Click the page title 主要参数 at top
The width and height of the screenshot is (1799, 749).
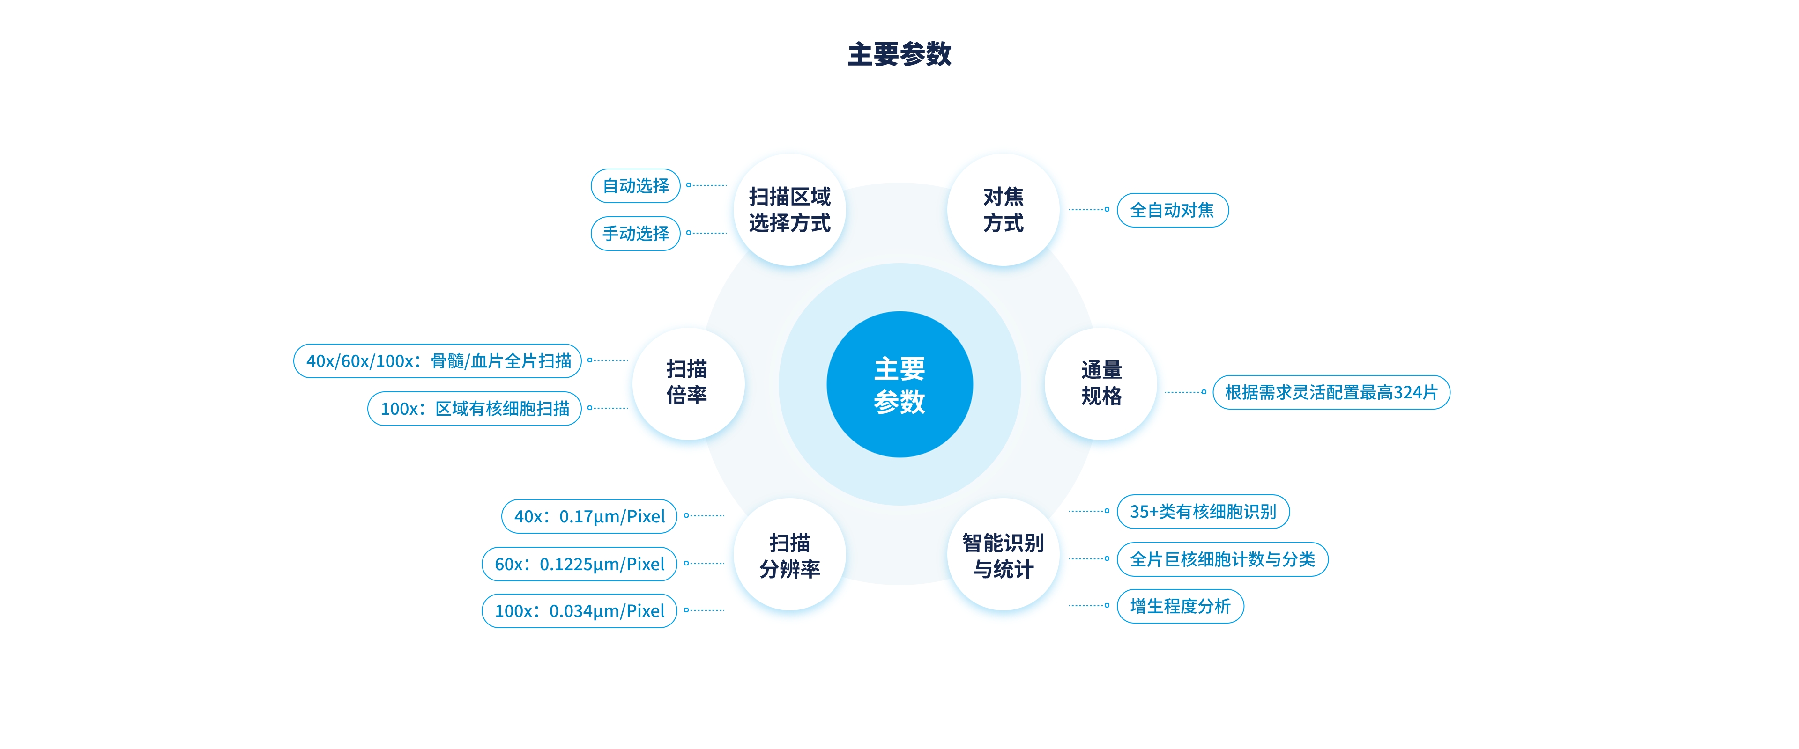(899, 54)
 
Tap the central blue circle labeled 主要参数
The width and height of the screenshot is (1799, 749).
(899, 385)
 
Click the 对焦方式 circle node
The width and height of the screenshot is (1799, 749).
(1003, 209)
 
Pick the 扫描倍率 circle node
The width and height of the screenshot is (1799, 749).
(687, 382)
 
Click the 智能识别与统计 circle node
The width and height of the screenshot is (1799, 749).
(1003, 556)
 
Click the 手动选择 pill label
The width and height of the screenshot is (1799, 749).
(636, 233)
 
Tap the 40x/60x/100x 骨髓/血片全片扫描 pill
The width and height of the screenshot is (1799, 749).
(438, 361)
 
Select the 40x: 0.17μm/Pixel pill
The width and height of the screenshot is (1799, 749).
(589, 516)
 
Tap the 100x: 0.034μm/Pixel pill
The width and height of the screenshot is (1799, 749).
(579, 611)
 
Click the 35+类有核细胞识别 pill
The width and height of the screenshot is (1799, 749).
(1203, 512)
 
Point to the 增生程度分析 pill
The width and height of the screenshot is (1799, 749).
(1180, 606)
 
